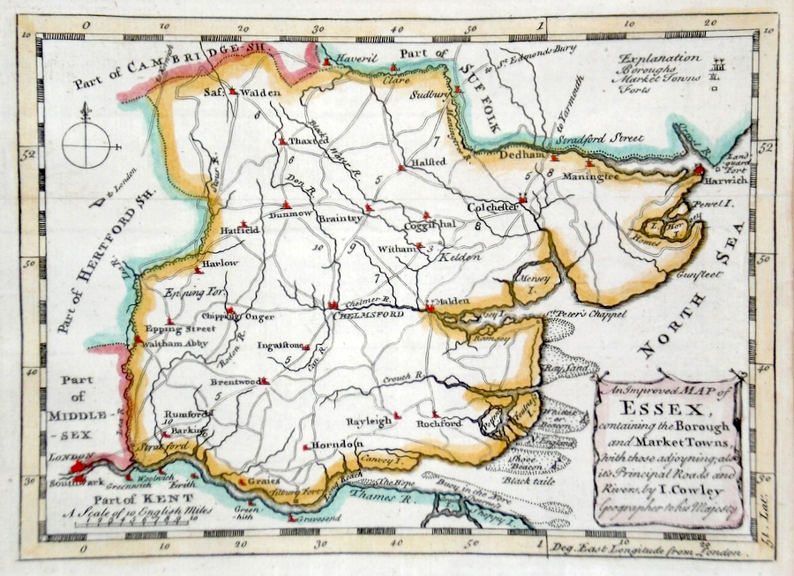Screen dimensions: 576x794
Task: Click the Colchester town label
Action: (491, 207)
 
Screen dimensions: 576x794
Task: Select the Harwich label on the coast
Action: (727, 180)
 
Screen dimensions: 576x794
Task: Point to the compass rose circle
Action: (86, 144)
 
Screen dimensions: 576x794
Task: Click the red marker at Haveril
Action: (327, 61)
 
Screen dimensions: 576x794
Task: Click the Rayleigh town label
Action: (369, 422)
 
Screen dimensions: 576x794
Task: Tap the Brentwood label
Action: (234, 382)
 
